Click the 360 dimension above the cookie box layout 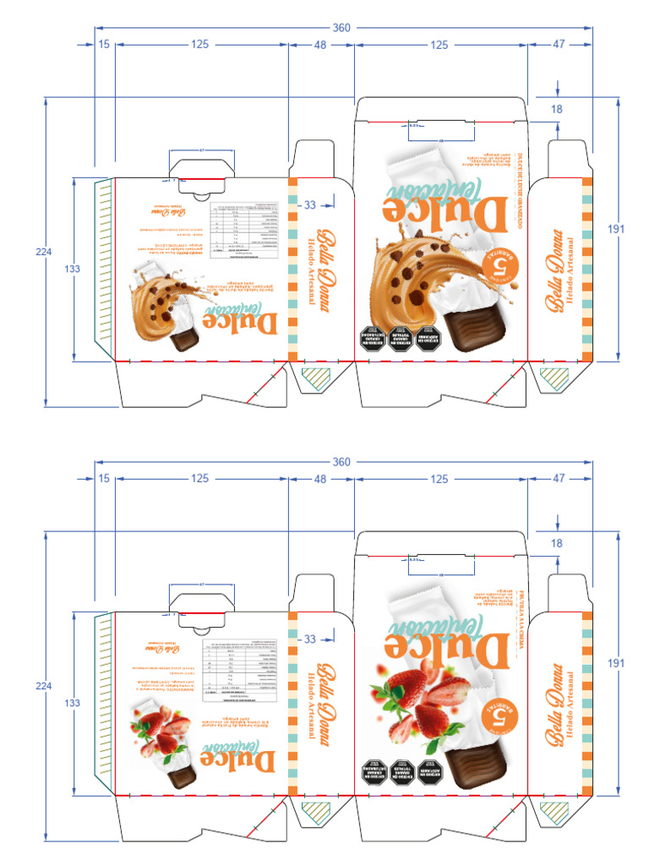[341, 28]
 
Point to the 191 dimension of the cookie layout [616, 228]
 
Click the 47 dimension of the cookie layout [559, 44]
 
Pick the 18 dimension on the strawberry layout [556, 543]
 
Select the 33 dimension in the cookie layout [309, 204]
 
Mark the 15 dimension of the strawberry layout [104, 478]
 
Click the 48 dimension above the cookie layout [321, 44]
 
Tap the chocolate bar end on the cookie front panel [473, 331]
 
